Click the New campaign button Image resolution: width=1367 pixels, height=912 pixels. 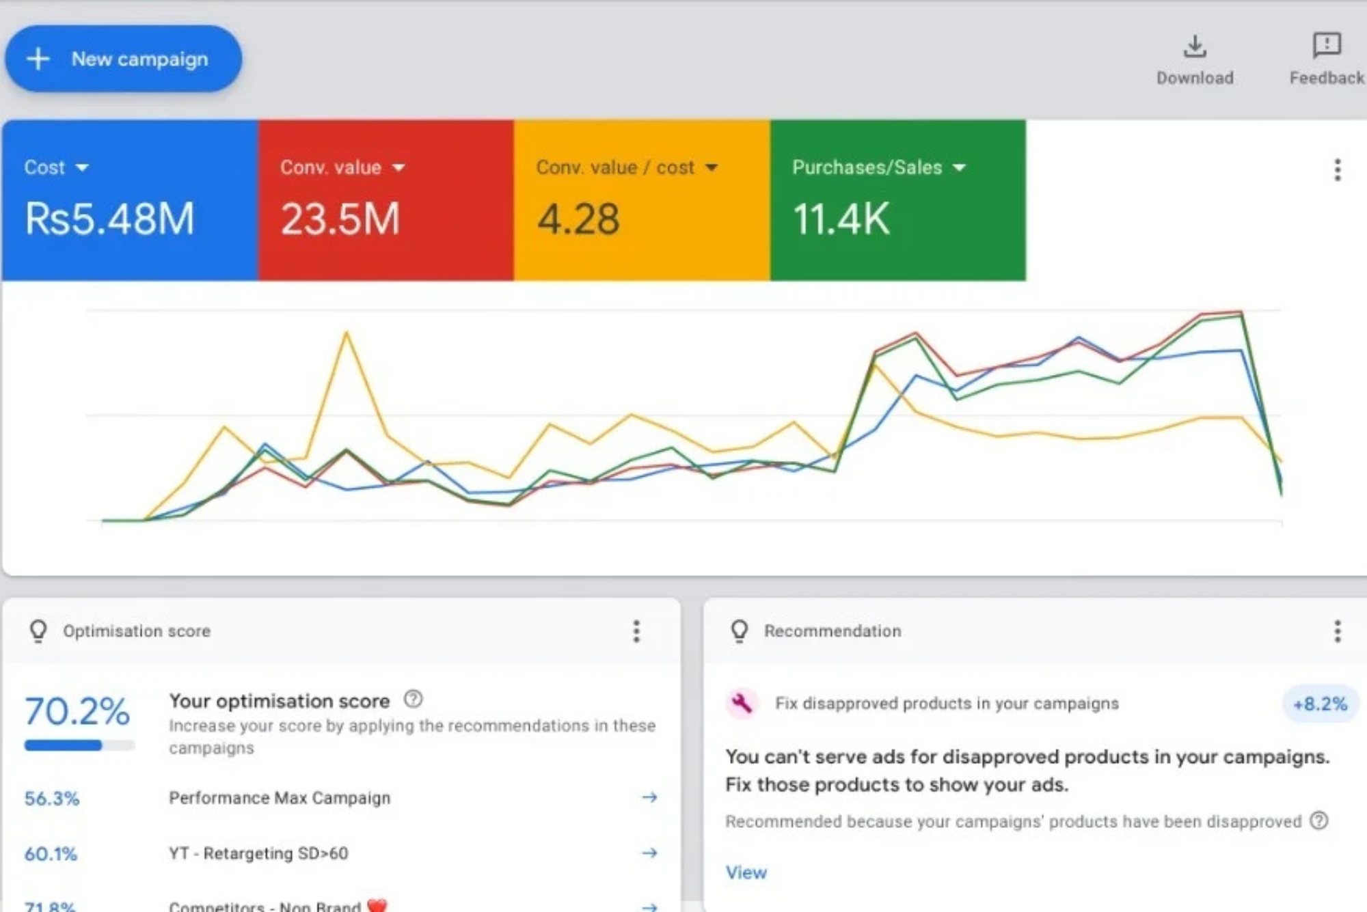[x=123, y=59]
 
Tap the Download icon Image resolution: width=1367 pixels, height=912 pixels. [x=1194, y=46]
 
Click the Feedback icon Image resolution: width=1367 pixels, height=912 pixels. [x=1326, y=45]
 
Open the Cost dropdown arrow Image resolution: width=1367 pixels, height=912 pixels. [x=82, y=167]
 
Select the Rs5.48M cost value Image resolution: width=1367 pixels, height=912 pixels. [x=109, y=219]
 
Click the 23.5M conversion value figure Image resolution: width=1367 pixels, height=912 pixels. [x=340, y=219]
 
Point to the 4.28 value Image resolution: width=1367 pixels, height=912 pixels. [x=578, y=219]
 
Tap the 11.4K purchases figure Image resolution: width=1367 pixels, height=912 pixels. [x=841, y=219]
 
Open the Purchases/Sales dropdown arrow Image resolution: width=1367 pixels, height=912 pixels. [x=959, y=167]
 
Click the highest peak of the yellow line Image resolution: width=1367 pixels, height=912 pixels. [x=347, y=333]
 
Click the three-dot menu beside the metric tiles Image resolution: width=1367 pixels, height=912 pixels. [x=1337, y=169]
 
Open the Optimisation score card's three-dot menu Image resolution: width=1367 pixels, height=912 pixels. [x=636, y=631]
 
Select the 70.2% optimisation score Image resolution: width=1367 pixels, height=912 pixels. [x=77, y=711]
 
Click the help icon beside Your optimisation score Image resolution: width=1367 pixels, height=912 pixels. [x=413, y=700]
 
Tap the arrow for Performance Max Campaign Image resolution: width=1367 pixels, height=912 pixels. [x=649, y=797]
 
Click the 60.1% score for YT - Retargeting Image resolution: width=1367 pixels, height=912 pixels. [x=51, y=853]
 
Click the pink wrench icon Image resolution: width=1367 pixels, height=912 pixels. [x=741, y=702]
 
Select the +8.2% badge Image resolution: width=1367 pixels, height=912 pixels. [x=1320, y=704]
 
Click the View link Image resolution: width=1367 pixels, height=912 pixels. [x=746, y=872]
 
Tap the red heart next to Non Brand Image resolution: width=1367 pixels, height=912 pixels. [x=377, y=905]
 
